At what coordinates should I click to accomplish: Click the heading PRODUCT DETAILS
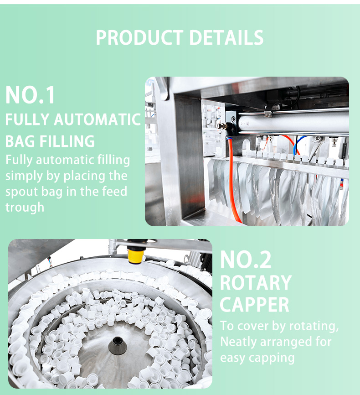pos(180,38)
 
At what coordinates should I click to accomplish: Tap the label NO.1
pos(30,95)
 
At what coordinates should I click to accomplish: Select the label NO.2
pos(246,260)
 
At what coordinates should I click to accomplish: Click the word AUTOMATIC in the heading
pos(97,120)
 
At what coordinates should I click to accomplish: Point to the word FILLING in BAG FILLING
pos(67,141)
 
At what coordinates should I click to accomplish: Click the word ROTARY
pos(256,283)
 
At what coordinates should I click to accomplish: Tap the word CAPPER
pos(255,305)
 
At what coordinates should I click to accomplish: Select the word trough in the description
pos(25,208)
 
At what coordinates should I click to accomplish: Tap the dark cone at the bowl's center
pos(117,346)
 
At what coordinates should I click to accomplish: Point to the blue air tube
pos(299,144)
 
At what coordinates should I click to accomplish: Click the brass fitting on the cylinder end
pos(221,126)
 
